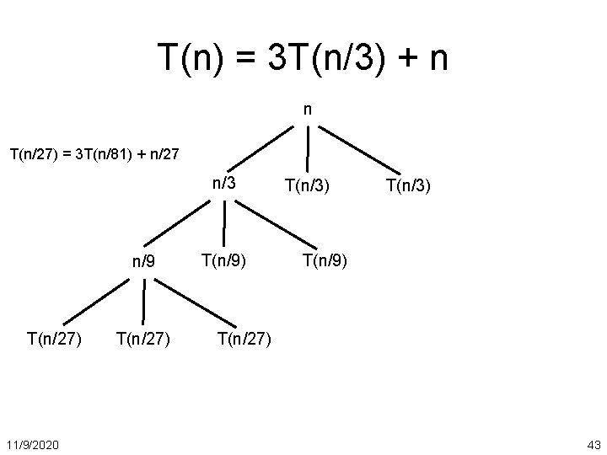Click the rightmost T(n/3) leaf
[408, 184]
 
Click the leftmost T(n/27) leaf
[55, 339]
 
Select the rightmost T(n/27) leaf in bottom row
[244, 339]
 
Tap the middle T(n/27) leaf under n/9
[143, 339]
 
